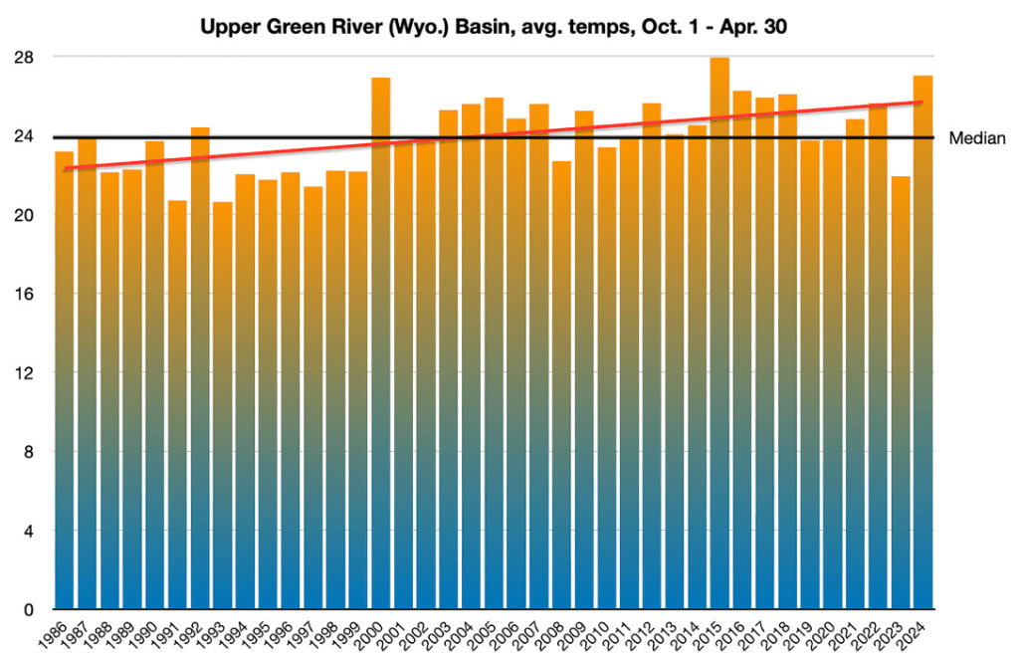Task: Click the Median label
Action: pyautogui.click(x=978, y=138)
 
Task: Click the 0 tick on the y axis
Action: pyautogui.click(x=30, y=609)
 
